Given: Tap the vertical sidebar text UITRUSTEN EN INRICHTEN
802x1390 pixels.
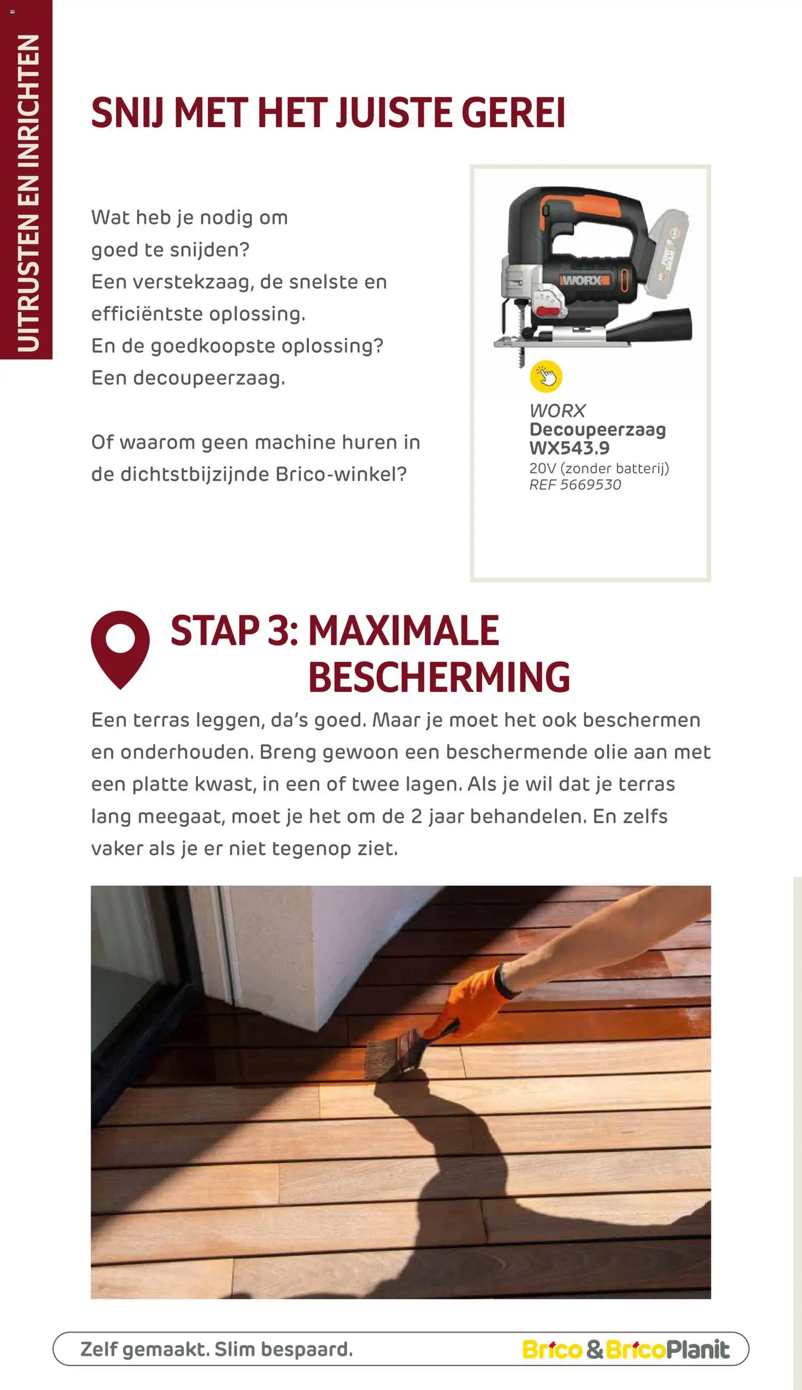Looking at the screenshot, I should click(x=27, y=193).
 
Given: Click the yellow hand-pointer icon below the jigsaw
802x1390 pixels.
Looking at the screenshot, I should click(x=545, y=377).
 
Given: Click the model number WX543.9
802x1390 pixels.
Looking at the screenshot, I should click(x=569, y=449).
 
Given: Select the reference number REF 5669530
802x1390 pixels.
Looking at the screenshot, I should click(x=574, y=485).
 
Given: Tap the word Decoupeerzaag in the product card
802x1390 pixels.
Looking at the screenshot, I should click(x=597, y=429).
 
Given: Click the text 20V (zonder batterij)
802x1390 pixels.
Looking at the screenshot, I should click(x=599, y=468).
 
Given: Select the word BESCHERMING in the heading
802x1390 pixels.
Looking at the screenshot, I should click(x=438, y=677).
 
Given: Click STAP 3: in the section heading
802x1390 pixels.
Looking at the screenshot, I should click(x=234, y=631).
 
